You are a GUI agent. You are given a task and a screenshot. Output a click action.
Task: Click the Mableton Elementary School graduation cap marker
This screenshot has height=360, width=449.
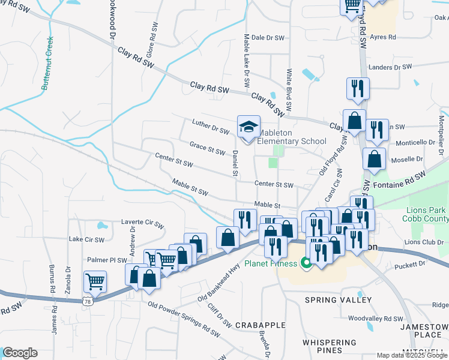tap(249, 127)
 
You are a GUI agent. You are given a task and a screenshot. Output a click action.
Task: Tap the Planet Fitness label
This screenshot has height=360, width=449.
tap(271, 263)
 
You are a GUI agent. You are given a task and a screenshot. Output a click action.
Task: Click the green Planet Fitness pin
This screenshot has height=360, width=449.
tap(305, 263)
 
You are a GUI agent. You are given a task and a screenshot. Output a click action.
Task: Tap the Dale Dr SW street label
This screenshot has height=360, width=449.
tap(268, 37)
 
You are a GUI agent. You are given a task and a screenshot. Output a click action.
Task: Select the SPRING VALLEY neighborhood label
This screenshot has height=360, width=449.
tap(339, 299)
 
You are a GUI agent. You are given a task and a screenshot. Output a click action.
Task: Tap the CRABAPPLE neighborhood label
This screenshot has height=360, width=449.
tap(260, 325)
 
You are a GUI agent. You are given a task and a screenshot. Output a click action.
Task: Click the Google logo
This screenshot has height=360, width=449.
tap(20, 353)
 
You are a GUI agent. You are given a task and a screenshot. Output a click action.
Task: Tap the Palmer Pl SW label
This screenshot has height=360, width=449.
tap(107, 260)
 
